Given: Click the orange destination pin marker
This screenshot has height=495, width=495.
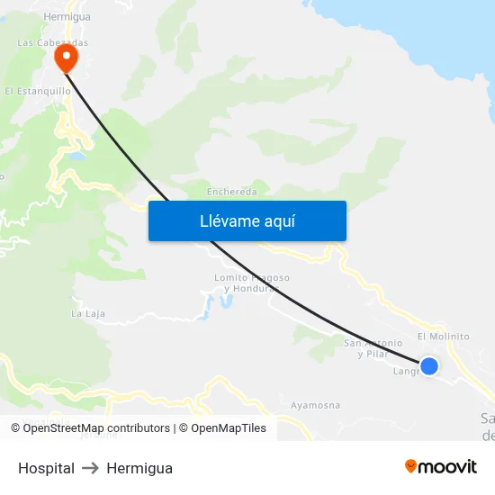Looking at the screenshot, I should (x=66, y=58).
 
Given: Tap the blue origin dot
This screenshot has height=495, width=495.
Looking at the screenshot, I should (x=429, y=365).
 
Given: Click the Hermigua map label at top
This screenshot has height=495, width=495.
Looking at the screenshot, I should (x=67, y=16).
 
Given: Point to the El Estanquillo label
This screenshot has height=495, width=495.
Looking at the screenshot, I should (x=38, y=91).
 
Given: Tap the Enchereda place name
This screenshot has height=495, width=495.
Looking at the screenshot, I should (x=232, y=192).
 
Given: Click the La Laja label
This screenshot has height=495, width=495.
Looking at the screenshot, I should (x=88, y=314).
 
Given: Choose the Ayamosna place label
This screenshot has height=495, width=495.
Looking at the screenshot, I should (x=315, y=405).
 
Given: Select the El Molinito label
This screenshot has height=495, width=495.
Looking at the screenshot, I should (x=443, y=337).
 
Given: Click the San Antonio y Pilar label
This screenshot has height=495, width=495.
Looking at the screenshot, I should (x=373, y=348).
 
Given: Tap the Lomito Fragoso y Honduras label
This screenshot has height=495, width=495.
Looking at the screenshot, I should (x=252, y=283).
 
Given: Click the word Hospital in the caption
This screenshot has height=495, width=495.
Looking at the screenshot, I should (x=46, y=468).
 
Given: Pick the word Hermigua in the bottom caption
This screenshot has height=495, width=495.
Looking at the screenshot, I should (x=139, y=468).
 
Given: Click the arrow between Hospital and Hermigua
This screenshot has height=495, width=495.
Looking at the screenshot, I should (x=90, y=468).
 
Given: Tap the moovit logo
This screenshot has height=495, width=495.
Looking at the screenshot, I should (x=440, y=466).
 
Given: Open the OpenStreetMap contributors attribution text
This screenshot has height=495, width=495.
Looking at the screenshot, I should (x=90, y=428).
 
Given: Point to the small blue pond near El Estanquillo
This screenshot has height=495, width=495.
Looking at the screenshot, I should (x=76, y=156).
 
